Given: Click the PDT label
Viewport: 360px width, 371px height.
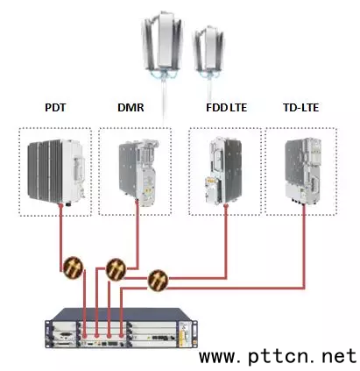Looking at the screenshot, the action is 55,108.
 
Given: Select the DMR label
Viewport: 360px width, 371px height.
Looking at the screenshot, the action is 131,108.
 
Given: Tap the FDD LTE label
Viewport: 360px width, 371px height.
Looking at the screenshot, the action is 226,108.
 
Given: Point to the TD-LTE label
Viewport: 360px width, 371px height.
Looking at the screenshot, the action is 300,108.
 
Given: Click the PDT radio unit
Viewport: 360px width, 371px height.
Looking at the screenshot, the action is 56,173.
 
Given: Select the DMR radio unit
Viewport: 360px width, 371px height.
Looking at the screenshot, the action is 138,173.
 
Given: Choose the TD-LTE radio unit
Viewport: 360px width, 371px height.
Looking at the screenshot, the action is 302,171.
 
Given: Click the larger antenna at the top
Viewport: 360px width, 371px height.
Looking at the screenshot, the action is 163,46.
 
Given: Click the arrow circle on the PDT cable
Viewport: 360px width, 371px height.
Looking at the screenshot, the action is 73,268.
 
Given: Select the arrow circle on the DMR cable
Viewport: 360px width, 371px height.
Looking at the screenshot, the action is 116,269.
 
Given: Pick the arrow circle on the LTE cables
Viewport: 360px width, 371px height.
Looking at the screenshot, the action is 158,280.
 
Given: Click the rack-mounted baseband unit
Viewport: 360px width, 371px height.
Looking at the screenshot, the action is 121,329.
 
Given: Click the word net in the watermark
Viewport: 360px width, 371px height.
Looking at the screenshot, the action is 339,356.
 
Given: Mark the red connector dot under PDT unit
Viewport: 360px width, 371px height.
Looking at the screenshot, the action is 60,206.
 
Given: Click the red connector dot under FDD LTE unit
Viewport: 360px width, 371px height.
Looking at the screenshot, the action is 226,206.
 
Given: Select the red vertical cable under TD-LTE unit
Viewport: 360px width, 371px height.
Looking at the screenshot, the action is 304,247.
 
